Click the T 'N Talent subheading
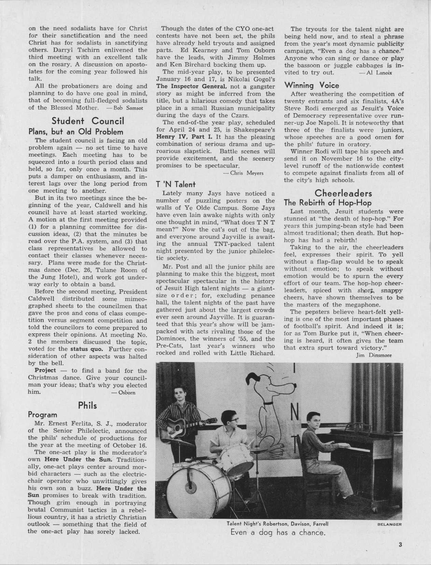coord(170,184)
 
